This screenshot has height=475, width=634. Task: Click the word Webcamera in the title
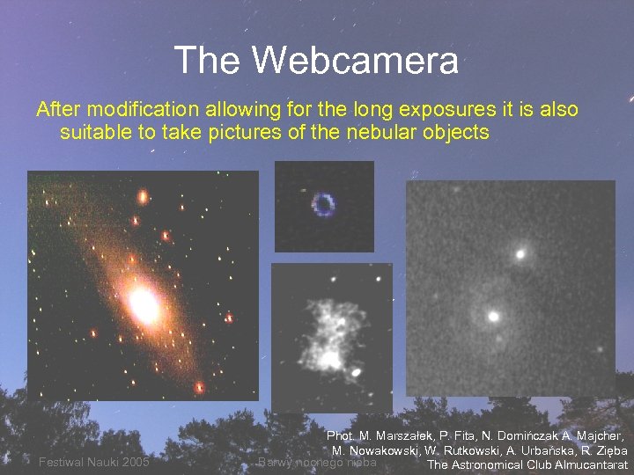coord(355,61)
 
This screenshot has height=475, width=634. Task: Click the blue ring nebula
coord(324,205)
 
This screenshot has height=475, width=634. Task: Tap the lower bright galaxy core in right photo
coord(494,315)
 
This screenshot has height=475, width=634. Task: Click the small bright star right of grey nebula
coord(356,372)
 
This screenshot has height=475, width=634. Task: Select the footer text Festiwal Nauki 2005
coord(93,463)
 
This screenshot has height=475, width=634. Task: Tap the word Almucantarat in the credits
coord(591,464)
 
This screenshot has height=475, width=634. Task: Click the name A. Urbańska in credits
coord(536,450)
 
